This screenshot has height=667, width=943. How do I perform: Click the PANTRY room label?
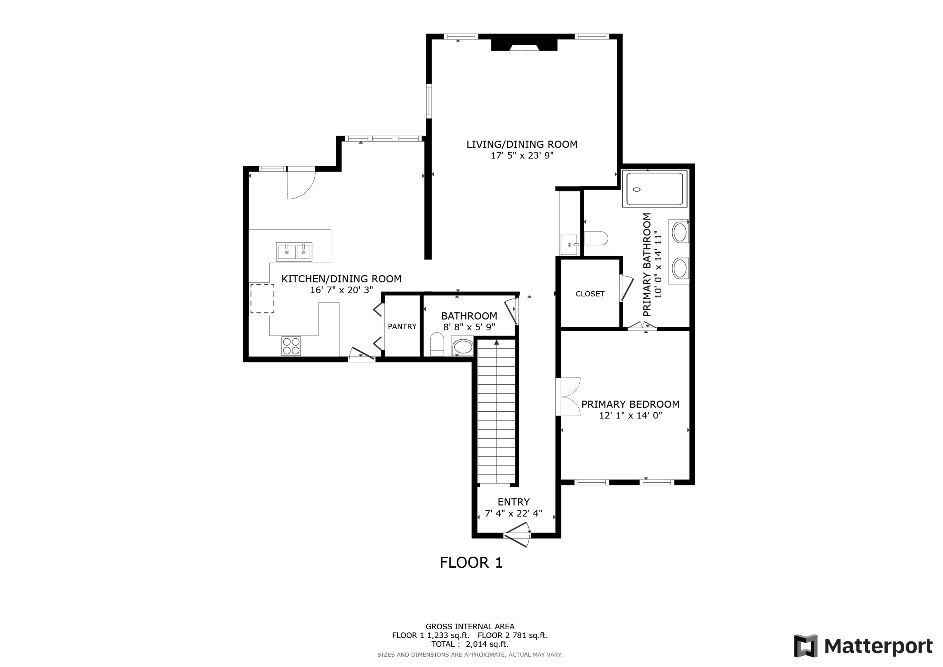click(402, 326)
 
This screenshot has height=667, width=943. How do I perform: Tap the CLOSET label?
click(590, 294)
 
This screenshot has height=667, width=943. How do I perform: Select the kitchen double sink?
click(294, 252)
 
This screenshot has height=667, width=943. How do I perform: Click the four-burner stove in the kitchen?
click(291, 346)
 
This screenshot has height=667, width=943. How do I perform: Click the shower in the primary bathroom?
click(655, 189)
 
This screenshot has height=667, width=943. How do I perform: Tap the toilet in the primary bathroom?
click(596, 238)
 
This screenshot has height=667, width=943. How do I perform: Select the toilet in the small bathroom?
click(437, 344)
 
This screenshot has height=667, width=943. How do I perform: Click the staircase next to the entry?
click(496, 411)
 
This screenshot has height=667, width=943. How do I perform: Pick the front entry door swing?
click(518, 534)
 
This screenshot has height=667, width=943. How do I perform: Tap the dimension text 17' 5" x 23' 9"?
click(522, 156)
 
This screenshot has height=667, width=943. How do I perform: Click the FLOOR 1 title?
click(471, 563)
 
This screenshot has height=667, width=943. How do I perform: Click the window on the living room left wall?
click(429, 101)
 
